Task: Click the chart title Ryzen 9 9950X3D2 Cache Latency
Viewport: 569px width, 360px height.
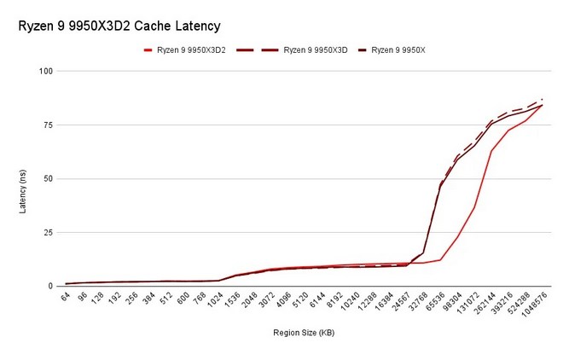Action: tap(119, 26)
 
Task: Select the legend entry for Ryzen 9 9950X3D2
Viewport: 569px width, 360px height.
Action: tap(185, 50)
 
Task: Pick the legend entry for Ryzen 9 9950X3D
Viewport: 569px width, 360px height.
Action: tap(292, 50)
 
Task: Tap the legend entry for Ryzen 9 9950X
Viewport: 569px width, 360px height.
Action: tap(392, 50)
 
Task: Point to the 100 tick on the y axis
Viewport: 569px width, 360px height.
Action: tap(46, 71)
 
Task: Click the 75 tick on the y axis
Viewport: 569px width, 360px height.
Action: tap(49, 125)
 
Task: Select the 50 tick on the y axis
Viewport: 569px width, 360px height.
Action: tap(49, 178)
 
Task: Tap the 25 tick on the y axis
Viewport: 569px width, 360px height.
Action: tap(49, 232)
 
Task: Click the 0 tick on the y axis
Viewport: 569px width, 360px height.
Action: tap(50, 286)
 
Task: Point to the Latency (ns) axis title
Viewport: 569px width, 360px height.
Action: tap(23, 191)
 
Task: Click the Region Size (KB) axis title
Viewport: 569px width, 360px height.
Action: tap(304, 333)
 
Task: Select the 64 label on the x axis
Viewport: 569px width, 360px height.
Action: tap(65, 297)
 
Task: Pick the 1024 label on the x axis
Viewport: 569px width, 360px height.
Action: tap(214, 299)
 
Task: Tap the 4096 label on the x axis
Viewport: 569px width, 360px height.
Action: tap(283, 299)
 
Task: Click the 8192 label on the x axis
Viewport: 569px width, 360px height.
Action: tap(334, 299)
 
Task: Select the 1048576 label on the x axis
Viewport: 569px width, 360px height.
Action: tap(534, 304)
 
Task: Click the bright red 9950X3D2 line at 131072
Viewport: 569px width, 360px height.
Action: tap(474, 207)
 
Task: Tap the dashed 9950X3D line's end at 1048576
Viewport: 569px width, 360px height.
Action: tap(543, 99)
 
